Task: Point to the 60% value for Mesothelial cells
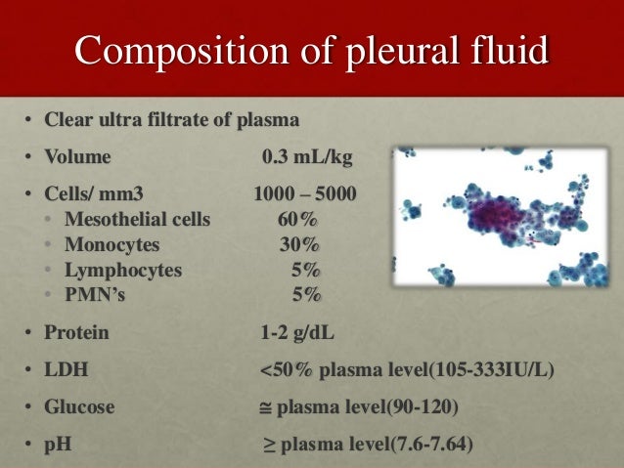pyautogui.click(x=297, y=219)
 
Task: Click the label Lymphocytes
pyautogui.click(x=122, y=270)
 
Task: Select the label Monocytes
pyautogui.click(x=111, y=244)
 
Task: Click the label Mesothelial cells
pyautogui.click(x=136, y=219)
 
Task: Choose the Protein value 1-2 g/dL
pyautogui.click(x=297, y=332)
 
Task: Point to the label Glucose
pyautogui.click(x=79, y=406)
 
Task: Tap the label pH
pyautogui.click(x=58, y=445)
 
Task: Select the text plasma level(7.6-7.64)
pyautogui.click(x=378, y=445)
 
